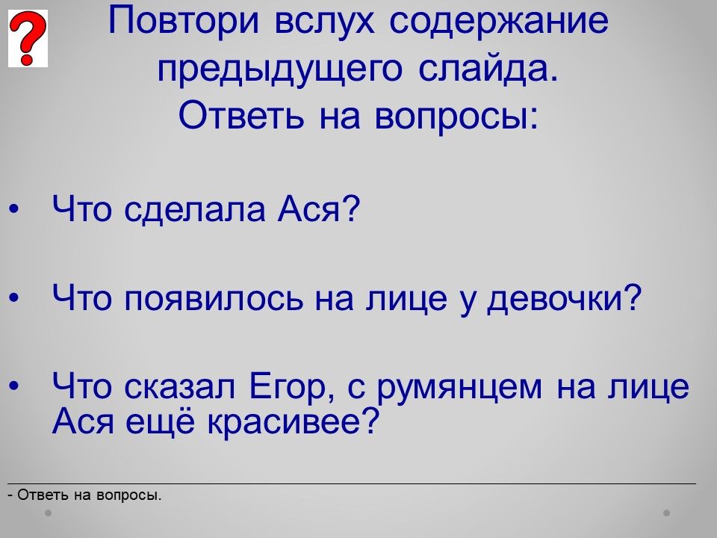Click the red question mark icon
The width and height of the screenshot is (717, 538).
pyautogui.click(x=28, y=38)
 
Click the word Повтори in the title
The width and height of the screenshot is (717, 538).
pyautogui.click(x=184, y=21)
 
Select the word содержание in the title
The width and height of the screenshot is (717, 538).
pyautogui.click(x=499, y=22)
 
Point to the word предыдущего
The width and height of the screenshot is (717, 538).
pyautogui.click(x=280, y=70)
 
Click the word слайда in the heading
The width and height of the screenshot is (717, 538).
pyautogui.click(x=488, y=69)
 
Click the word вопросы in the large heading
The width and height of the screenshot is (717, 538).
pyautogui.click(x=456, y=117)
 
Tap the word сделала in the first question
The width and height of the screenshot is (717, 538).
pyautogui.click(x=195, y=210)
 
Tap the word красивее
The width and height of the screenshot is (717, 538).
pyautogui.click(x=294, y=421)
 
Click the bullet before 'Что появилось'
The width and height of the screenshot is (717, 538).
pyautogui.click(x=14, y=298)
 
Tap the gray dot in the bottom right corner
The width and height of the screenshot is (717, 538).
pyautogui.click(x=667, y=513)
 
